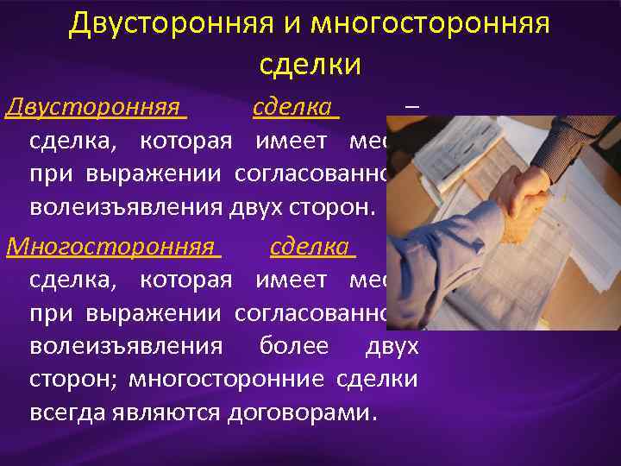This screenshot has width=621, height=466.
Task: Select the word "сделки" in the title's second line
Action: click(x=310, y=64)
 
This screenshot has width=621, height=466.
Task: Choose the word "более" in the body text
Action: click(x=293, y=346)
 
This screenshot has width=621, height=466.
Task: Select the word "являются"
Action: click(x=167, y=411)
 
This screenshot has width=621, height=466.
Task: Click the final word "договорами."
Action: click(x=303, y=411)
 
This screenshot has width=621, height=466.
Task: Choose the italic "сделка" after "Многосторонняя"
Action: click(x=310, y=248)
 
